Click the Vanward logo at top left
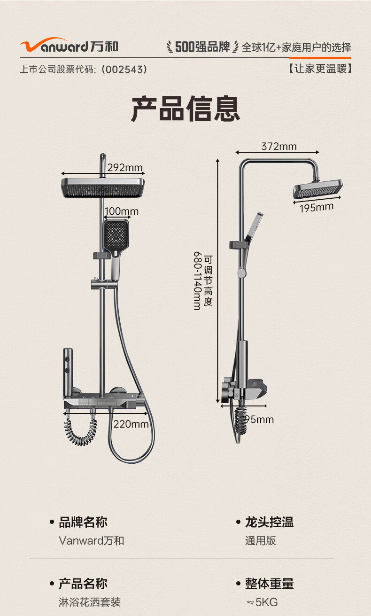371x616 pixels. [x=69, y=45]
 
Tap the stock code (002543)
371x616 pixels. [x=124, y=69]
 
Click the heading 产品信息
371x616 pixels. [x=185, y=109]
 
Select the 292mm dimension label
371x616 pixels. [x=125, y=167]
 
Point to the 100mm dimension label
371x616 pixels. [x=122, y=211]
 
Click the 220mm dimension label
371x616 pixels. [x=131, y=424]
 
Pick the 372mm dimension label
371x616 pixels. [x=279, y=146]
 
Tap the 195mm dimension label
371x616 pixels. [x=317, y=208]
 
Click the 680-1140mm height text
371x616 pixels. [x=197, y=281]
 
